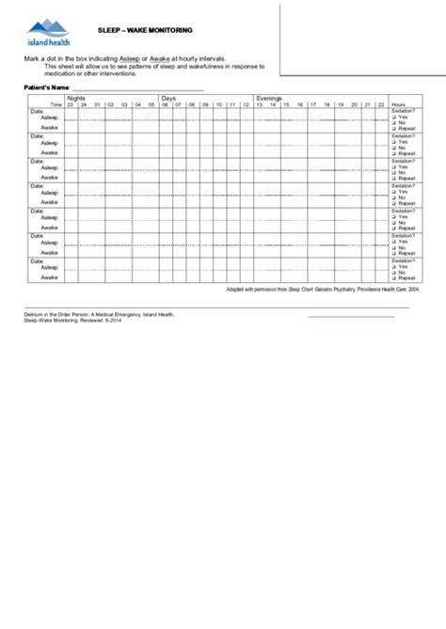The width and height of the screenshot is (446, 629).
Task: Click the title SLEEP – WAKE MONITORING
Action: (x=145, y=30)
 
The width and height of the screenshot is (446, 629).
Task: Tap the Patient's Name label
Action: (x=47, y=87)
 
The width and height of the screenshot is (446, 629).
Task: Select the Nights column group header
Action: (x=80, y=98)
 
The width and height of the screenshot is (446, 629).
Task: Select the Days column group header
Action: (x=169, y=98)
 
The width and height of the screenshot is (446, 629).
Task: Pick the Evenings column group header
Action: (x=270, y=98)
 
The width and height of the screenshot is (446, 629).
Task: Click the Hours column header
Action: (x=399, y=104)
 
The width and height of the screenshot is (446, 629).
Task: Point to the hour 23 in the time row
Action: (x=71, y=104)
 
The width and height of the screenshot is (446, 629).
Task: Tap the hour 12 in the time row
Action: (x=246, y=104)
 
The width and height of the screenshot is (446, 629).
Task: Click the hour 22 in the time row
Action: (x=380, y=104)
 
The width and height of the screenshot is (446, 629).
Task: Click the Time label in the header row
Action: (x=56, y=104)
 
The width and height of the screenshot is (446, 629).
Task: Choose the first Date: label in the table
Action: (x=37, y=111)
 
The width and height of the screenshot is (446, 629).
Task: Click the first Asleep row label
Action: (x=49, y=118)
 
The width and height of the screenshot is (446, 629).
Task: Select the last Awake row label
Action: (x=49, y=277)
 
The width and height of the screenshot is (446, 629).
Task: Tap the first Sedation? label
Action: (x=403, y=111)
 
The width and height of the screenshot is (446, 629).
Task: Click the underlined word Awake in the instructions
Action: (x=172, y=58)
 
